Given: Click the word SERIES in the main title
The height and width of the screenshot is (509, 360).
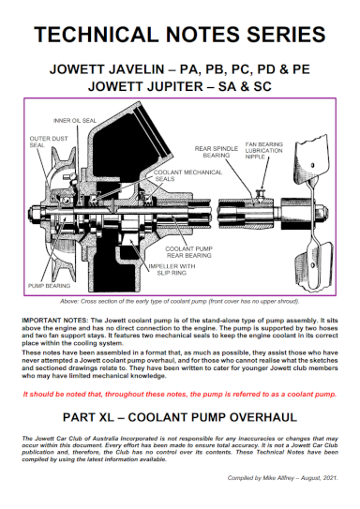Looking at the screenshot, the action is (x=282, y=36).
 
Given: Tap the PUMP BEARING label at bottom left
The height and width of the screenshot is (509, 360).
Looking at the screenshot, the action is (x=48, y=282).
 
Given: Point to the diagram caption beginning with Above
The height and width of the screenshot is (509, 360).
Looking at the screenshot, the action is (x=180, y=302).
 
